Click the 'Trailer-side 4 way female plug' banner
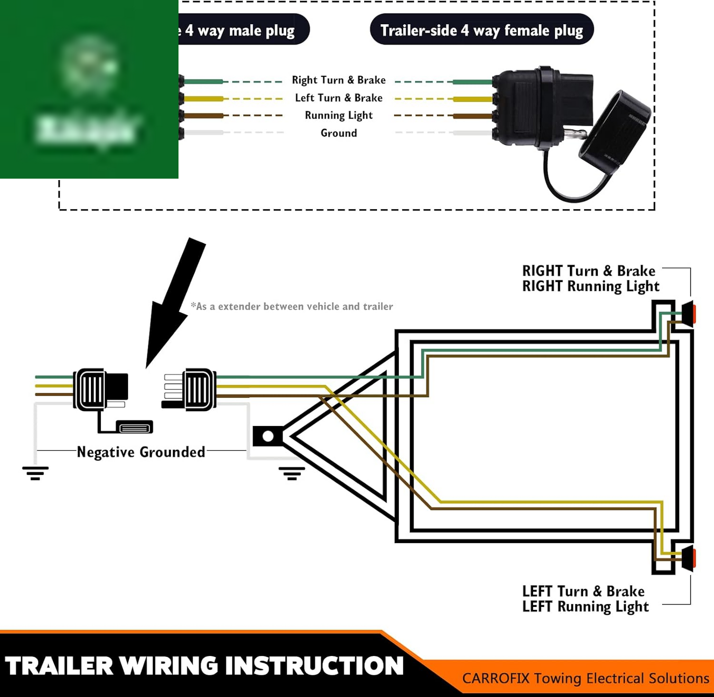tap(481, 30)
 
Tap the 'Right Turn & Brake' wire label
tap(338, 80)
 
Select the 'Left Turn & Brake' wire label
tap(338, 98)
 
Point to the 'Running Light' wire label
tap(338, 115)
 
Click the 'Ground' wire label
tap(338, 133)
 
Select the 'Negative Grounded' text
tap(141, 452)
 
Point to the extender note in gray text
tap(292, 307)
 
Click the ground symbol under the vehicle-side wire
tap(35, 473)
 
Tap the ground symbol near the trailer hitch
tap(292, 473)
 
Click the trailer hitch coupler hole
tap(268, 436)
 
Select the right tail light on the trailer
tap(688, 314)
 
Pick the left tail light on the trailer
tap(688, 558)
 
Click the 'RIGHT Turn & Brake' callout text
tap(588, 271)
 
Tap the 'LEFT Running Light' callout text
tap(585, 606)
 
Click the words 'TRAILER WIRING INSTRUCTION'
tap(205, 666)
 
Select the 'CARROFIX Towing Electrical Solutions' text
tap(585, 678)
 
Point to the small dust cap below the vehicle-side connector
tap(134, 427)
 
